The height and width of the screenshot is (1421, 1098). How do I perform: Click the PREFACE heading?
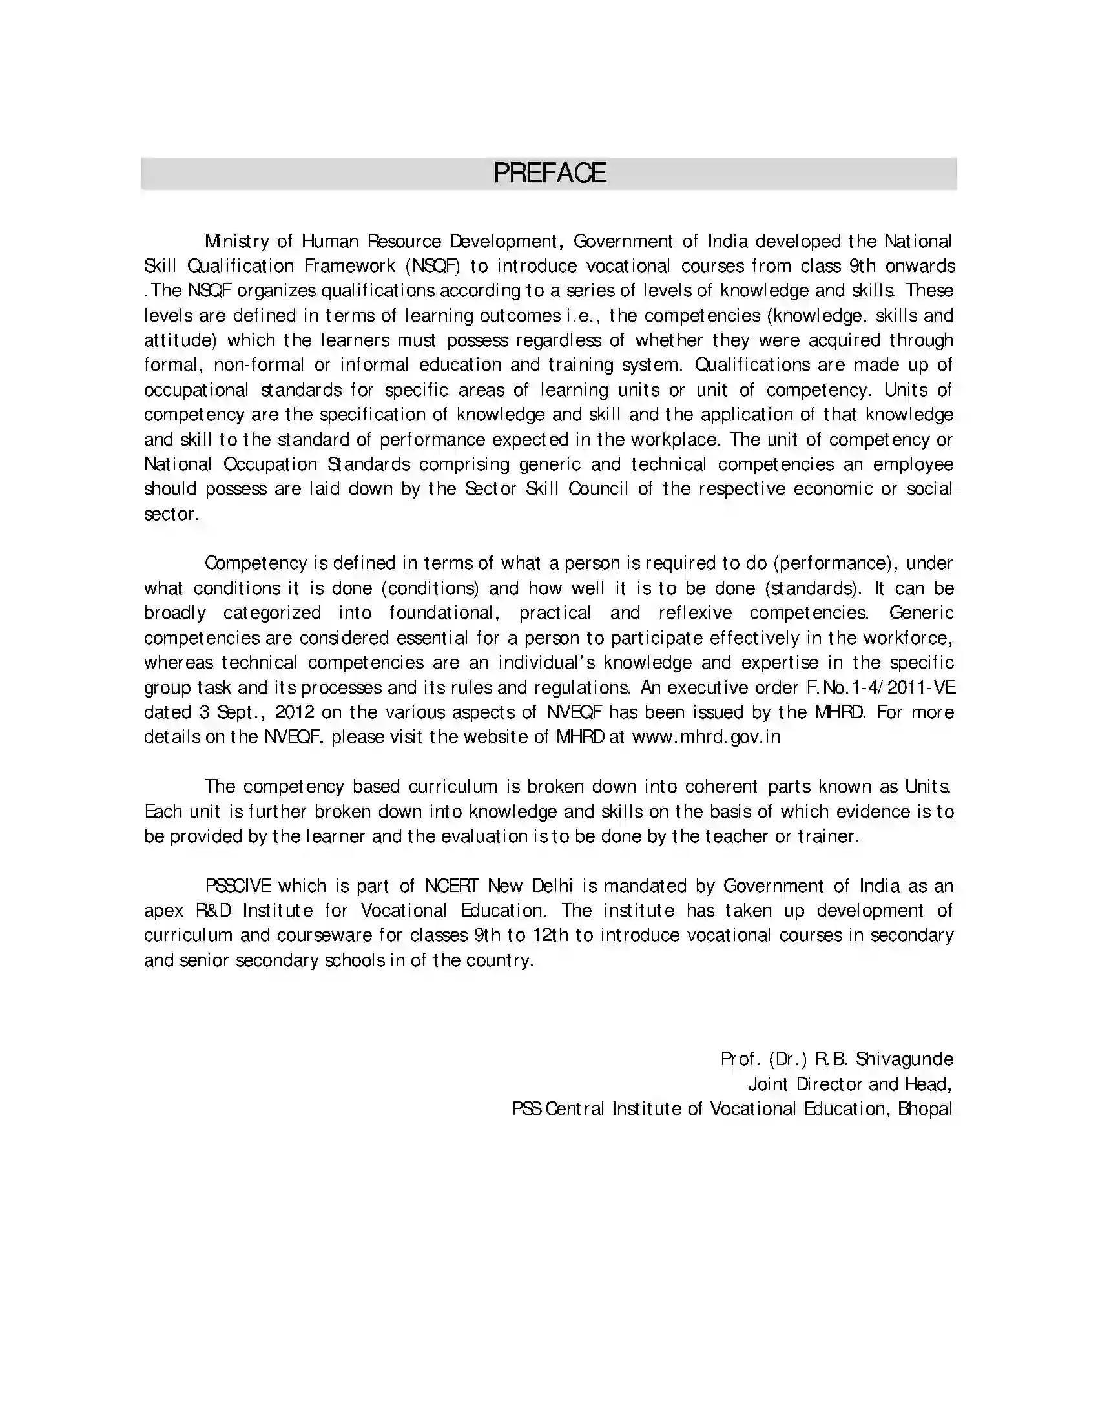(550, 173)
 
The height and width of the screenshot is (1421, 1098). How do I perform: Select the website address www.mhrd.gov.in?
(706, 737)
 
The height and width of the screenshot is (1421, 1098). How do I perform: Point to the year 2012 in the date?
(295, 712)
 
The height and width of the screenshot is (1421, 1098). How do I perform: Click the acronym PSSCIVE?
(238, 886)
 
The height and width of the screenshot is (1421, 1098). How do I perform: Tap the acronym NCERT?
(451, 886)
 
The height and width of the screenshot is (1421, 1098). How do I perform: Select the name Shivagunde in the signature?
(904, 1059)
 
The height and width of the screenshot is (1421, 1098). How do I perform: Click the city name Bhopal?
(925, 1108)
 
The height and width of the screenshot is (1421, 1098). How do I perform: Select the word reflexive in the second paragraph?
(696, 613)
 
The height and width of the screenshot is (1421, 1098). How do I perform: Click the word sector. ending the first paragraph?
(171, 514)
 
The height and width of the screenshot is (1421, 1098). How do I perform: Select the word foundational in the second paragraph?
(444, 613)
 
